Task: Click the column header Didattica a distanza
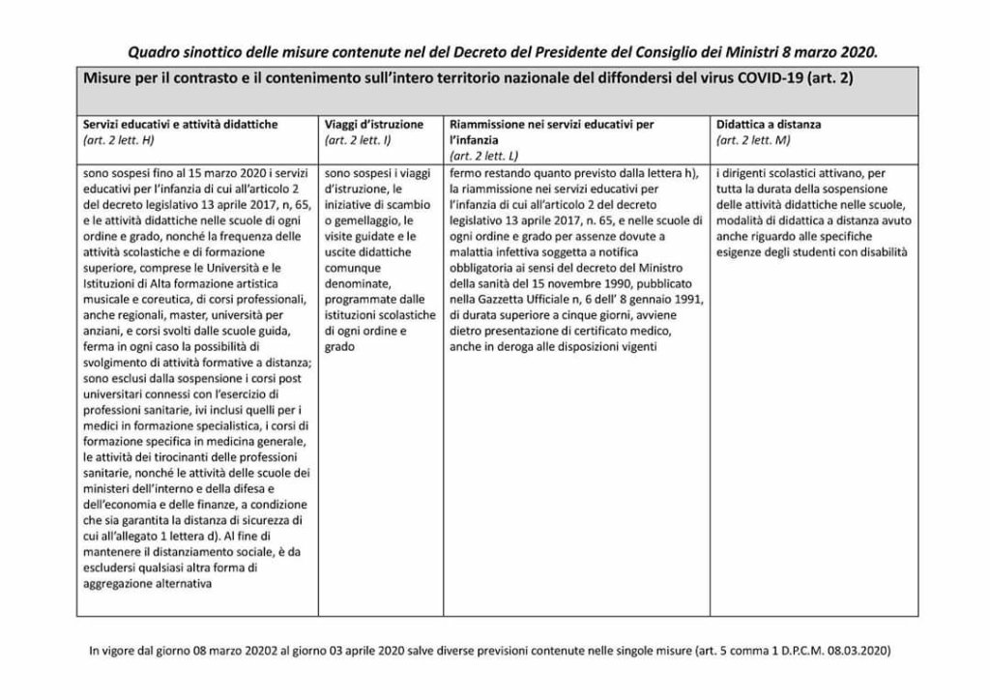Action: click(772, 125)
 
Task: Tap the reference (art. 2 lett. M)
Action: click(753, 140)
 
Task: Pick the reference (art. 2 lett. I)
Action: click(358, 140)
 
